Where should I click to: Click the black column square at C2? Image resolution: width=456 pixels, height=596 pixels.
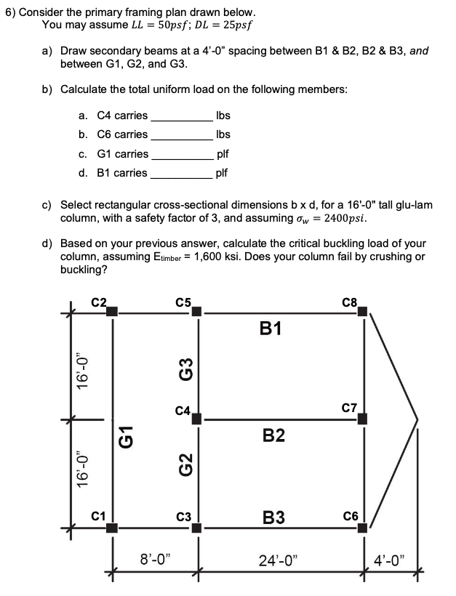111,312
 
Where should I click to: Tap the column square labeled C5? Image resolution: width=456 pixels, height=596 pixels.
196,312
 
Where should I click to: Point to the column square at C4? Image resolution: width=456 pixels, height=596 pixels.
196,419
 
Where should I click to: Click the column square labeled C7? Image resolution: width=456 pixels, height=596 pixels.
361,419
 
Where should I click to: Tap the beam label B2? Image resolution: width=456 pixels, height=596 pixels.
273,436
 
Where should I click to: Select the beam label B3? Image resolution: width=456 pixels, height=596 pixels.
273,518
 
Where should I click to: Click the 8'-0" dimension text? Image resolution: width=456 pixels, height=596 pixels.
153,560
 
